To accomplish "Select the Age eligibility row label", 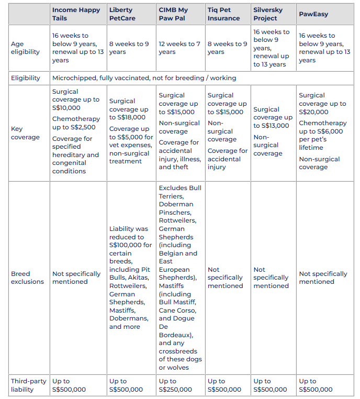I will (25, 48).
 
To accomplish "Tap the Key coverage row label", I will (25, 133).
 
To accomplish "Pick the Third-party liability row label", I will (28, 385).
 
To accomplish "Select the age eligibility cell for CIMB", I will (179, 48).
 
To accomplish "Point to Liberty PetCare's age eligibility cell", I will (129, 48).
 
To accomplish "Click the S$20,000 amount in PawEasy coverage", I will (313, 112).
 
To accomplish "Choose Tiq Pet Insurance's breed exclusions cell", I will (225, 278).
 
